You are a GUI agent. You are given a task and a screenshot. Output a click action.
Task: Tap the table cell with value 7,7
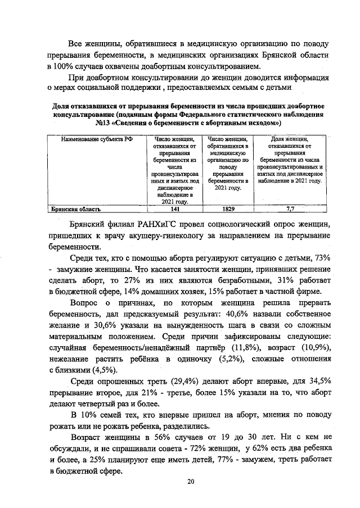point(290,209)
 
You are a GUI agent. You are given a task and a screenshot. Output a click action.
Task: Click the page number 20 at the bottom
point(191,482)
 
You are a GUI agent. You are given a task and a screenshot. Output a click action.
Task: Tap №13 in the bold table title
point(105,122)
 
